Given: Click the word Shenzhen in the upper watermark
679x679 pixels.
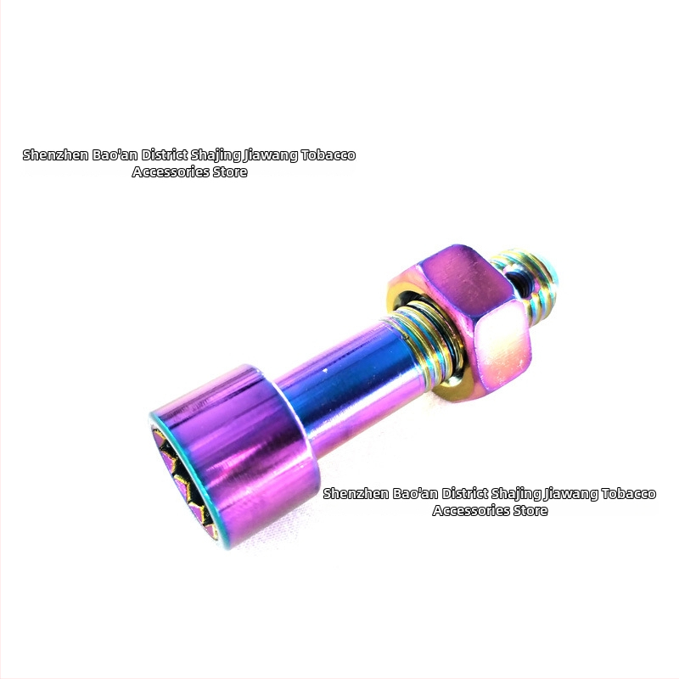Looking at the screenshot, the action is pos(55,155).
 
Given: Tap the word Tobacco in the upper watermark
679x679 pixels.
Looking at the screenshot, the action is pos(328,155).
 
